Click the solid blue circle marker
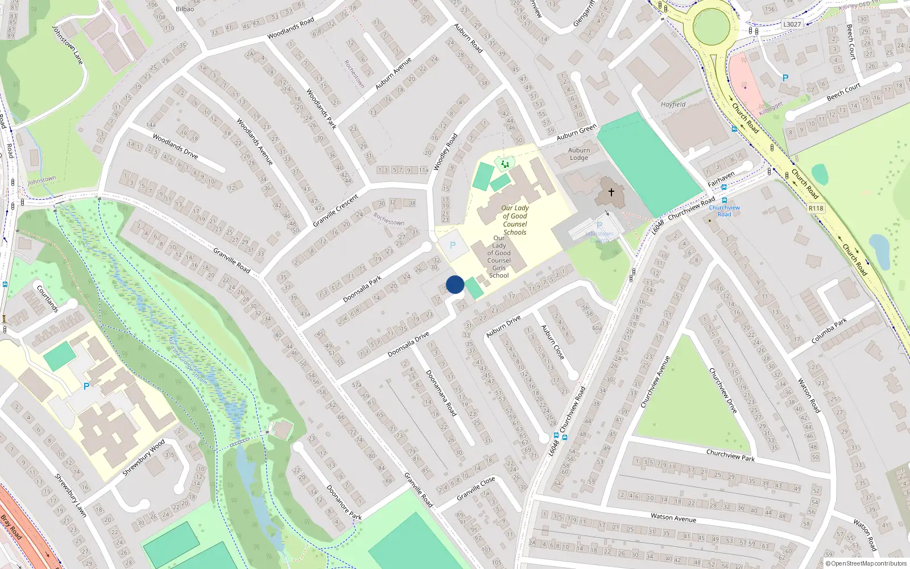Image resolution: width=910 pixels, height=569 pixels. click(455, 284)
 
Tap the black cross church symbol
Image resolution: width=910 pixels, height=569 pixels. click(611, 192)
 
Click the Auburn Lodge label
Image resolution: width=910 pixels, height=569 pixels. click(579, 154)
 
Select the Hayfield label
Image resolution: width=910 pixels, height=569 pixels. click(673, 105)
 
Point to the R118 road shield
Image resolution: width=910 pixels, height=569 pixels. click(816, 208)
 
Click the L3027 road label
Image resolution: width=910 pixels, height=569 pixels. click(792, 24)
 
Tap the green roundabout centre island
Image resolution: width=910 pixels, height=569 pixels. click(711, 26)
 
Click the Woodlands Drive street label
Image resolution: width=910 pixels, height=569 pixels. click(175, 146)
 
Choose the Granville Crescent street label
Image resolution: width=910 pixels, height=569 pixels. click(336, 211)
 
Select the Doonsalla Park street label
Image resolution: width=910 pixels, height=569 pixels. click(362, 290)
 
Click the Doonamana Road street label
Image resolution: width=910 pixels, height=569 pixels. click(441, 393)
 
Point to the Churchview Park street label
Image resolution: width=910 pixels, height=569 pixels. click(730, 455)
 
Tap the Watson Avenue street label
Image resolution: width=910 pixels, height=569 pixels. click(673, 517)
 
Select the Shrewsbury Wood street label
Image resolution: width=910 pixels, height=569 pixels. click(144, 457)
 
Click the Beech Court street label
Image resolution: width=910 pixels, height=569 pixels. click(843, 92)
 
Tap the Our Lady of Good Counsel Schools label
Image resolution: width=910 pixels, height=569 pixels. click(515, 220)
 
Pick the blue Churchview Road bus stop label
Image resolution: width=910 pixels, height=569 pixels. click(725, 211)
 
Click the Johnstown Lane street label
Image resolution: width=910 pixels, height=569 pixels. click(68, 44)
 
